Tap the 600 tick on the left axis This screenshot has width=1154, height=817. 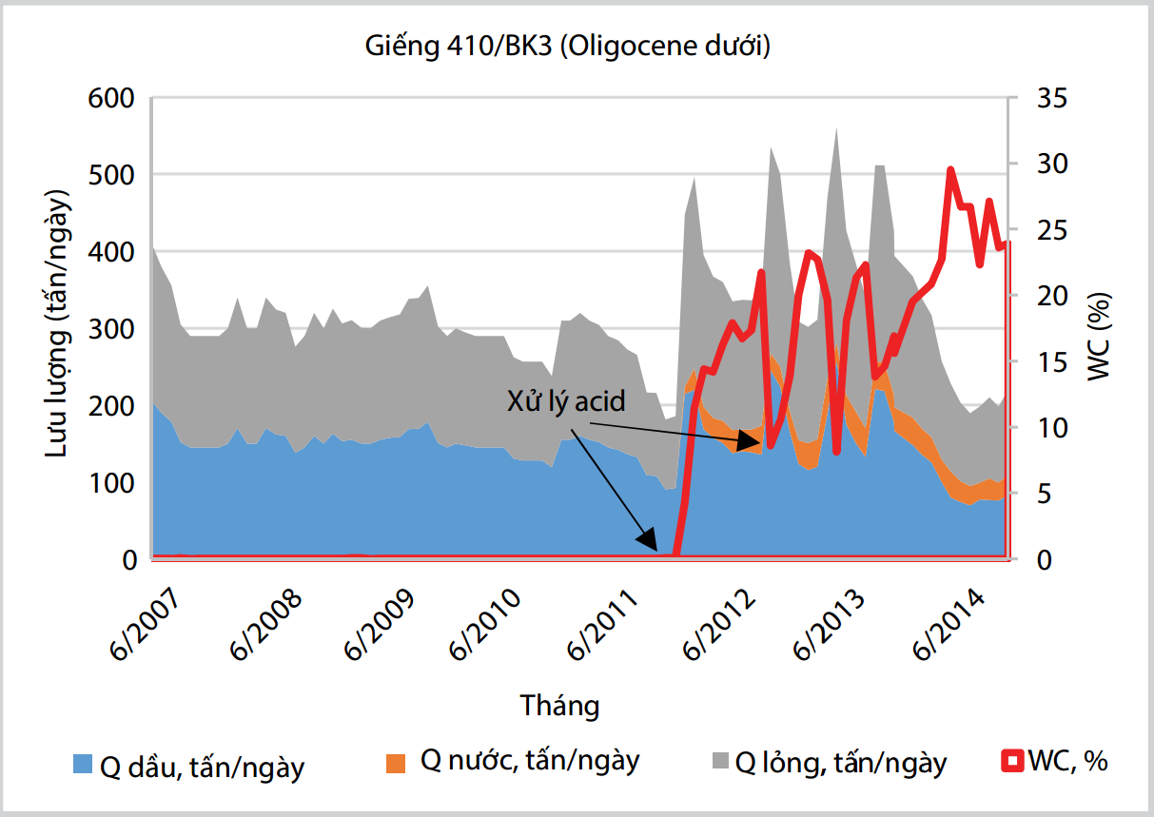coord(113,98)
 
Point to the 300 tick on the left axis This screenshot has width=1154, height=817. coord(113,329)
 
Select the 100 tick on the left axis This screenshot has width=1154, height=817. coord(113,483)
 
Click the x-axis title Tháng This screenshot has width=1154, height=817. coord(560,706)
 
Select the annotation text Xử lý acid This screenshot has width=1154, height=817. coord(566,400)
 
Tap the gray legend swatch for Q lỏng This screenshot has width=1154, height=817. coord(720,761)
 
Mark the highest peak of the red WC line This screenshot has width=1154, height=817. coord(950,169)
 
